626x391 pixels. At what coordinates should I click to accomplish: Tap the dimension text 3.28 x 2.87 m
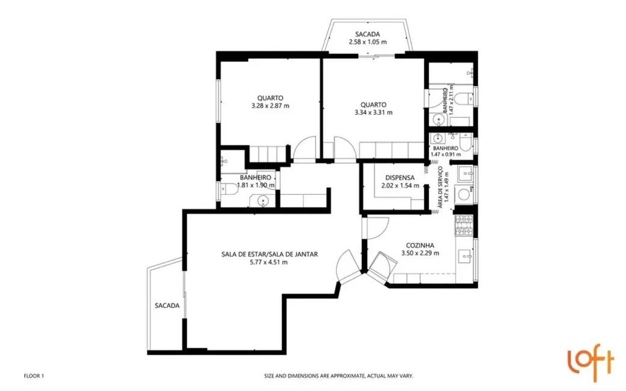click(270, 106)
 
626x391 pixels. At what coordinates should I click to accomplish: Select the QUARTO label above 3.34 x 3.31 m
click(373, 104)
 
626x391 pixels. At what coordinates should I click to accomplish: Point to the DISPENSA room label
click(400, 177)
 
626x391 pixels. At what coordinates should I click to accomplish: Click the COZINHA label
click(420, 245)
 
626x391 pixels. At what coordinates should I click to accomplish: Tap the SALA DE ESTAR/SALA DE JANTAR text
click(269, 254)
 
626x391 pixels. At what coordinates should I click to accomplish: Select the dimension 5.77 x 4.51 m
click(269, 262)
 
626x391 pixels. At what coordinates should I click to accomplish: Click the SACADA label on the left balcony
click(167, 306)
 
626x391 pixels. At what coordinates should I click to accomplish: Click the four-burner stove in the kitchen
click(463, 224)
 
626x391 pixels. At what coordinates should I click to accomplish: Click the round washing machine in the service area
click(464, 194)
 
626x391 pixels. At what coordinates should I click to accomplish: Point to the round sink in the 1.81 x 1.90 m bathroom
click(262, 201)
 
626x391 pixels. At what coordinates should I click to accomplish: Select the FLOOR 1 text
click(34, 376)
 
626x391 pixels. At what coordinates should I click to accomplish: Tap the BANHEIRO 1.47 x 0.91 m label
click(445, 151)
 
